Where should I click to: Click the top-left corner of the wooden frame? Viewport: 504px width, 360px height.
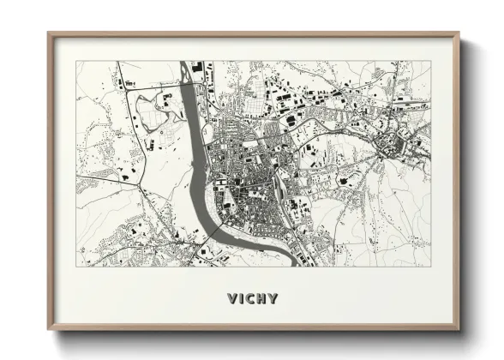click(48, 33)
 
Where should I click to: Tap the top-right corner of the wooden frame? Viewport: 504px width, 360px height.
click(459, 33)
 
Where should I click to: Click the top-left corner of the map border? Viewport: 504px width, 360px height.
click(76, 61)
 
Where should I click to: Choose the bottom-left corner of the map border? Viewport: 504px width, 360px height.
click(76, 267)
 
